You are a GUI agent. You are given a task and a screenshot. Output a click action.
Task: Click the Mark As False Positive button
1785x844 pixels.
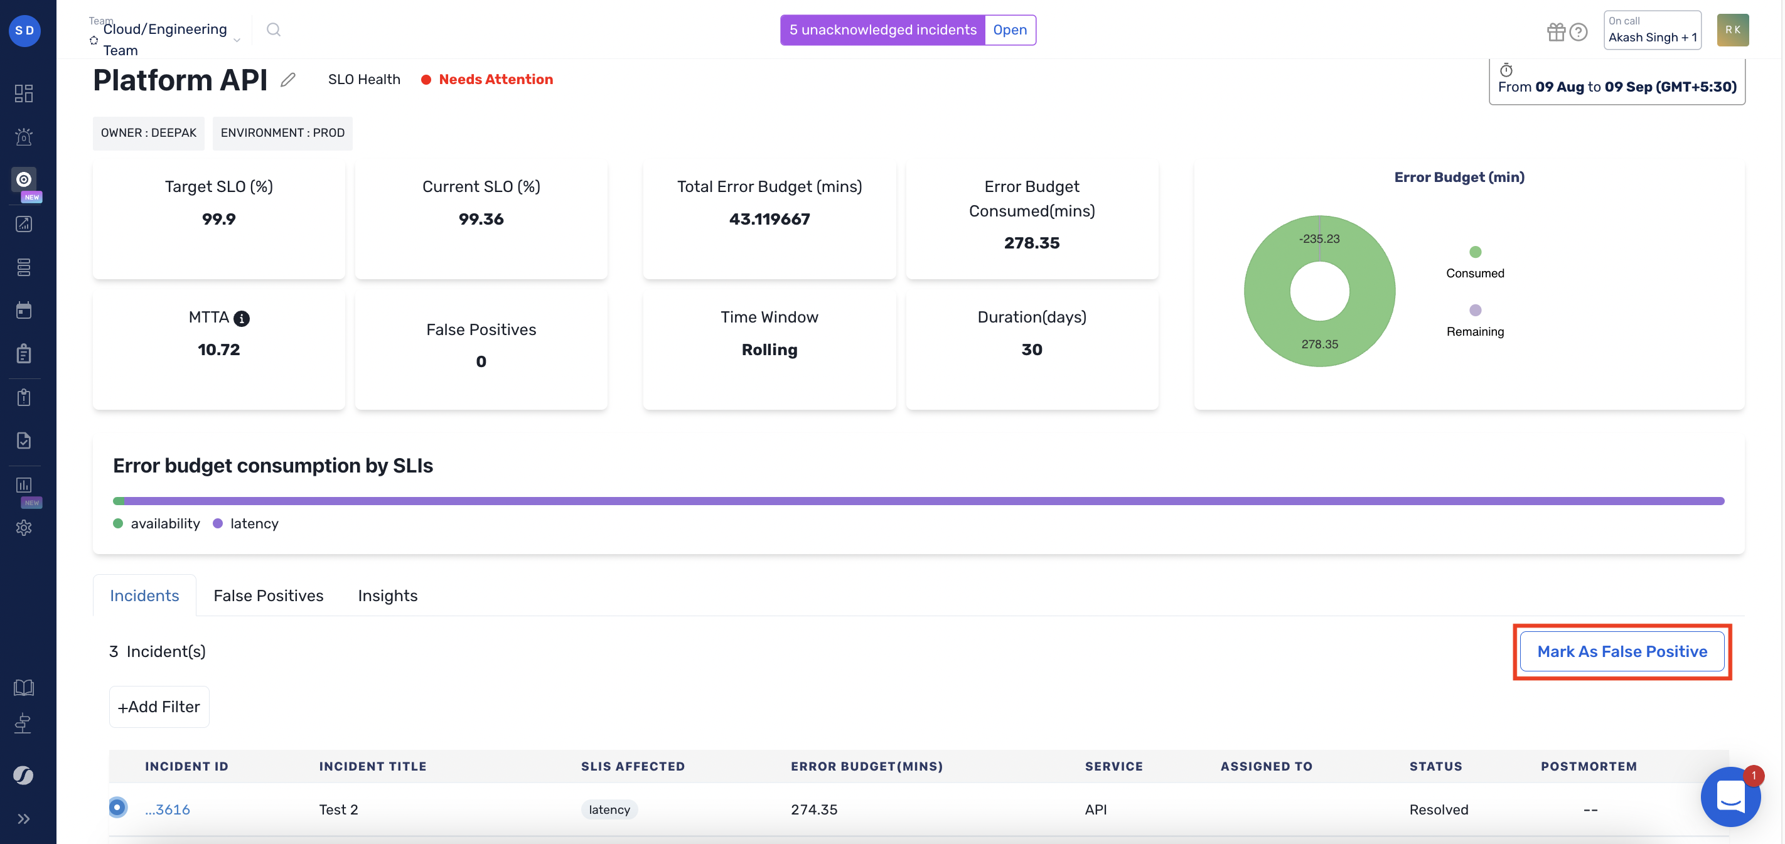click(x=1621, y=651)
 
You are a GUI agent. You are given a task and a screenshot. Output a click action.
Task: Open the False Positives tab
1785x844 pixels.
click(x=268, y=596)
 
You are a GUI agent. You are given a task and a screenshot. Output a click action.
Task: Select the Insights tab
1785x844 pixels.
click(x=387, y=596)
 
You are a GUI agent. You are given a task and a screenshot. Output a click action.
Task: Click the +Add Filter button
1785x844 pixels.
click(x=159, y=706)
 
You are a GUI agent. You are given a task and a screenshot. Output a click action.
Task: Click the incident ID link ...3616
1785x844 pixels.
click(x=167, y=809)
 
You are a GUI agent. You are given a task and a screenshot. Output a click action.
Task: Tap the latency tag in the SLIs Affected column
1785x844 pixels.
click(x=609, y=809)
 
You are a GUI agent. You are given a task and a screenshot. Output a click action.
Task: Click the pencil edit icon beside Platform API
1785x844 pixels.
click(x=288, y=80)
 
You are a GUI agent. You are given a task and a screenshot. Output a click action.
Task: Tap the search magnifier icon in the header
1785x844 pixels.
click(x=274, y=29)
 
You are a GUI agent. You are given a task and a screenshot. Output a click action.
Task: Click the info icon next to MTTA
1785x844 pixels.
click(x=241, y=318)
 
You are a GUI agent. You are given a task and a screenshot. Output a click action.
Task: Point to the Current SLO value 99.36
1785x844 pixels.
click(x=481, y=219)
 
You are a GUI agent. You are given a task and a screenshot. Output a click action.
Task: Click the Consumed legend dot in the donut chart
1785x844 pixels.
click(x=1475, y=252)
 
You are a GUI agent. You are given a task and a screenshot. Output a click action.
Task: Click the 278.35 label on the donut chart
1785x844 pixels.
click(x=1319, y=344)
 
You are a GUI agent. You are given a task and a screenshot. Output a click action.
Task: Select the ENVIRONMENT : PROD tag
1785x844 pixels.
click(x=282, y=132)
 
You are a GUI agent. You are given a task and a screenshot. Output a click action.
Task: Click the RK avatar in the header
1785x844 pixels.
click(x=1732, y=29)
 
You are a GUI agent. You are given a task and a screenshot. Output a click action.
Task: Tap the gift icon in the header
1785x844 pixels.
click(x=1556, y=32)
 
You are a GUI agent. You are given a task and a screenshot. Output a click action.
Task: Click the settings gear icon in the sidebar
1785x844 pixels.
click(x=24, y=528)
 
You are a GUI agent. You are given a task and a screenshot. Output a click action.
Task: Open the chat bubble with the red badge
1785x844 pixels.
click(x=1730, y=797)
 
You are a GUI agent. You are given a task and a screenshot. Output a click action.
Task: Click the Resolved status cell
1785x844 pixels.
click(x=1439, y=809)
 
